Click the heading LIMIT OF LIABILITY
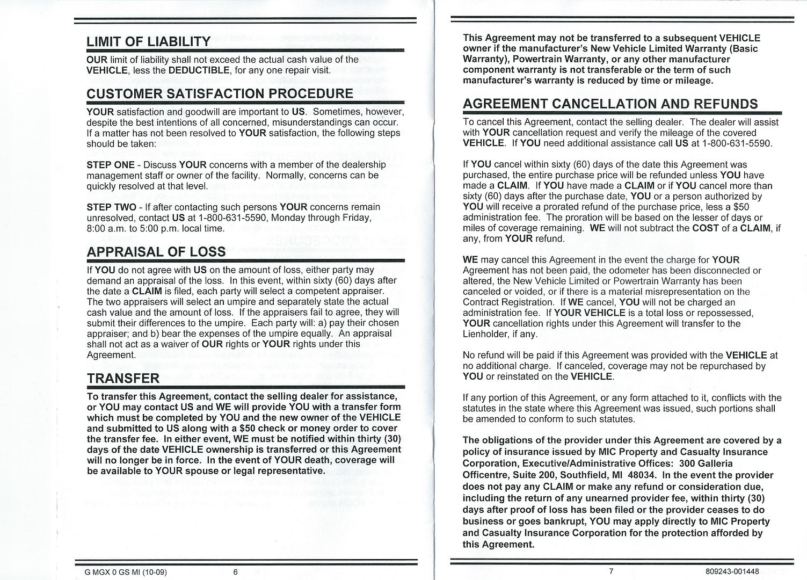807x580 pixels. (x=148, y=42)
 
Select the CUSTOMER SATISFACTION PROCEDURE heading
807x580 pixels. (x=220, y=93)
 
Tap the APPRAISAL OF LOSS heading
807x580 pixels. (x=156, y=251)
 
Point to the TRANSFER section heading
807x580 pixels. (x=123, y=379)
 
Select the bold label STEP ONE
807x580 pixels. (x=111, y=165)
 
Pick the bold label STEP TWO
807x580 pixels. (x=111, y=207)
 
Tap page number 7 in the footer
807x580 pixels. (x=611, y=571)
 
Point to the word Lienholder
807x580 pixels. (x=485, y=334)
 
